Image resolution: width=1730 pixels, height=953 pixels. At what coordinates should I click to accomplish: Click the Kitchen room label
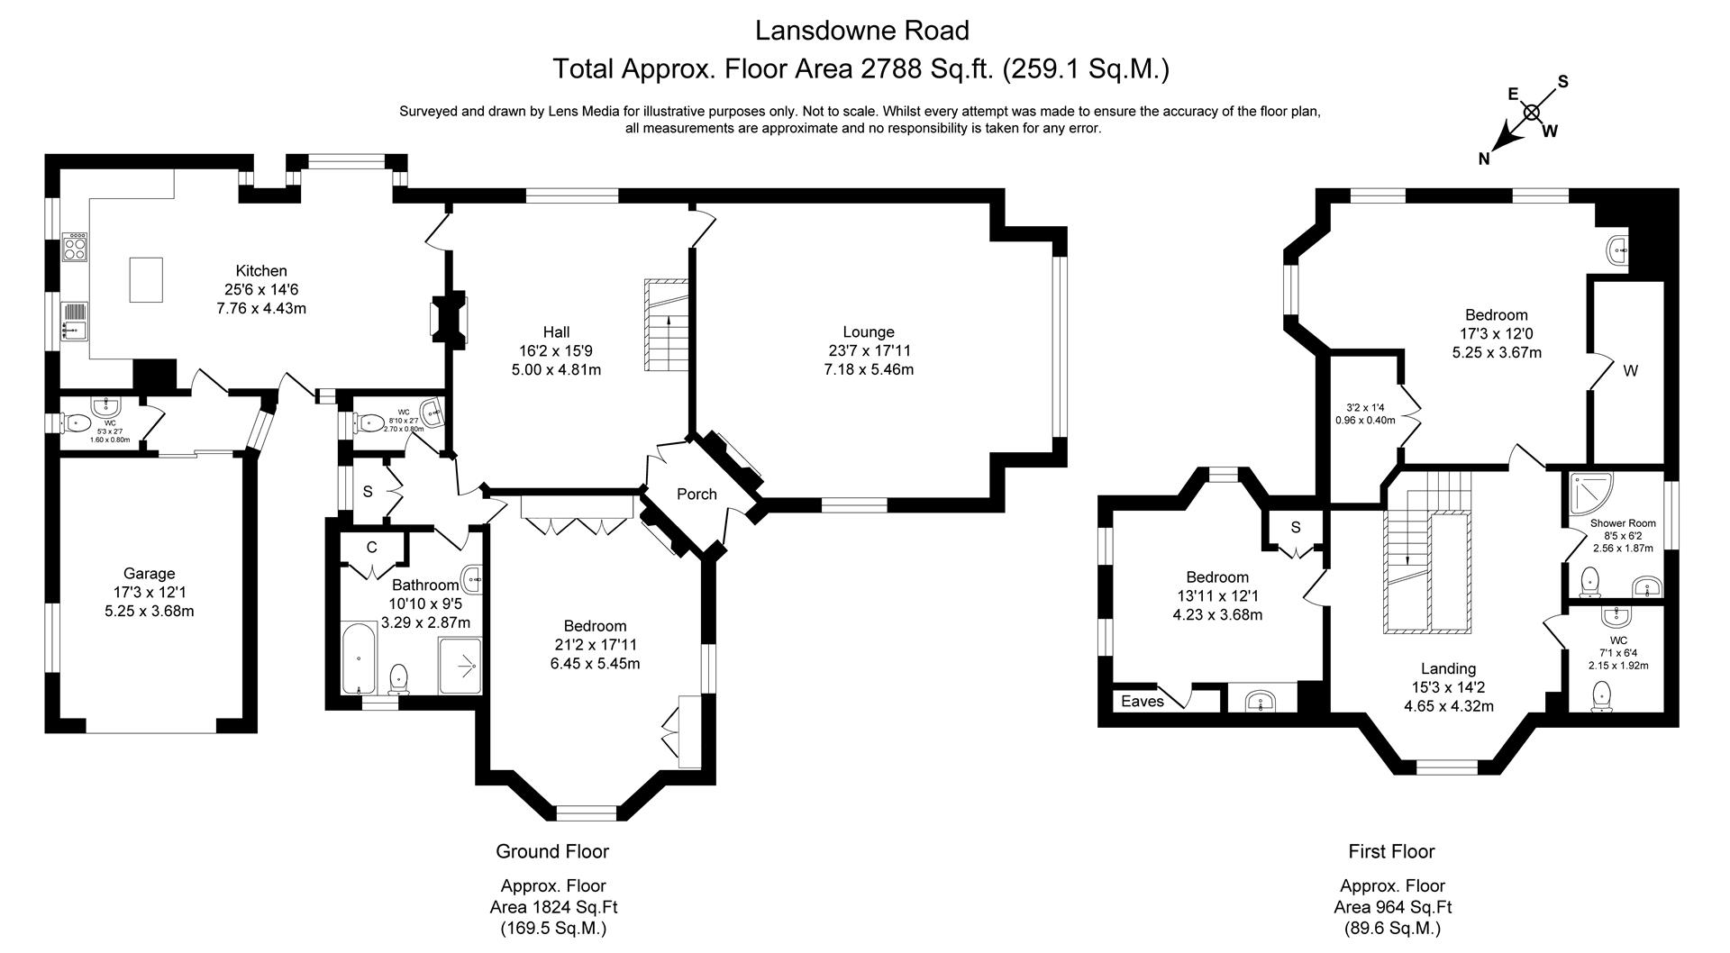click(261, 271)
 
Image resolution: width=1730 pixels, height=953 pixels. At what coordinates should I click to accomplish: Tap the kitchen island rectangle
click(147, 279)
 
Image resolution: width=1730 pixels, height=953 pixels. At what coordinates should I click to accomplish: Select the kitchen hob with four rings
click(75, 248)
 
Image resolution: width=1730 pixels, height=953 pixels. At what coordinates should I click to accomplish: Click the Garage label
click(149, 574)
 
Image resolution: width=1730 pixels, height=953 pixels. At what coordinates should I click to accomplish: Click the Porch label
click(697, 495)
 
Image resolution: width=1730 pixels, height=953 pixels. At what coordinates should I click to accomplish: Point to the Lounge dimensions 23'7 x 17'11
click(869, 351)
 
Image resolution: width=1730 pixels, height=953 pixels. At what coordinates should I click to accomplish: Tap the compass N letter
click(1483, 159)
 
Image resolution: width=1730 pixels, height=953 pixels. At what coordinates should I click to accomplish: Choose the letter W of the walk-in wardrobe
click(1630, 371)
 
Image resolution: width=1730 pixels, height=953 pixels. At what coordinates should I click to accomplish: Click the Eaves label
click(1143, 702)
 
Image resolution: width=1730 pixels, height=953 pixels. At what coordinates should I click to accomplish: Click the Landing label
click(1448, 668)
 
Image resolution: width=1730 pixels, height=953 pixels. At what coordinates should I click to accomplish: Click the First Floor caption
click(1391, 851)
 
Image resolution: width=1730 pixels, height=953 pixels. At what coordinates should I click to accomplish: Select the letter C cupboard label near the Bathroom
click(371, 548)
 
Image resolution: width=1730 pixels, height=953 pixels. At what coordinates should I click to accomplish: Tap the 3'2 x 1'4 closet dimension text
click(1364, 406)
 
